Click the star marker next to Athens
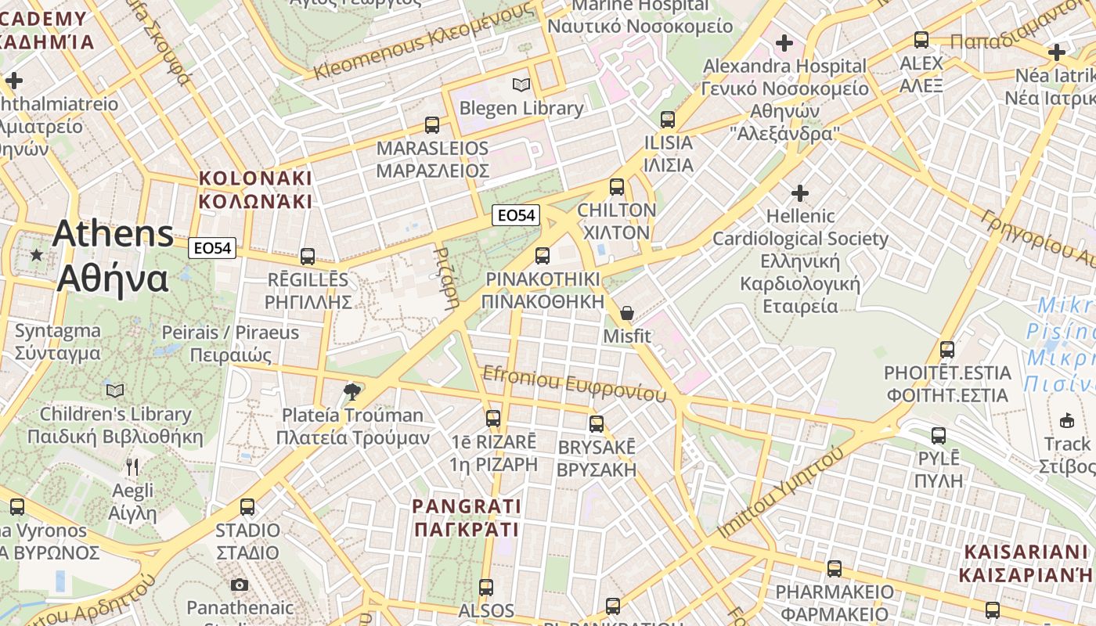click(x=36, y=255)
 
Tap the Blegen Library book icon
click(x=521, y=85)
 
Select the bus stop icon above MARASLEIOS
click(x=431, y=124)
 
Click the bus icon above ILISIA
click(x=667, y=120)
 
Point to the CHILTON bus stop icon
click(x=617, y=187)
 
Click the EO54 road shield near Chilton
click(x=516, y=214)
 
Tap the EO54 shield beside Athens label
click(x=212, y=248)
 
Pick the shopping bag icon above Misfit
click(x=626, y=314)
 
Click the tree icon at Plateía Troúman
click(x=352, y=391)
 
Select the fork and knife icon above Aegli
click(x=132, y=468)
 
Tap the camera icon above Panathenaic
click(x=240, y=585)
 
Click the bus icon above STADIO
click(x=247, y=507)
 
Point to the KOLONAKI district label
click(x=255, y=189)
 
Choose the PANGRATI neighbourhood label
click(x=467, y=518)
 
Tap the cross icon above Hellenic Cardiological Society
click(x=799, y=192)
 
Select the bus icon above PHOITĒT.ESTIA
click(x=947, y=350)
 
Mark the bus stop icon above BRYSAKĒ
click(x=597, y=424)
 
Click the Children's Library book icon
click(x=115, y=390)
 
